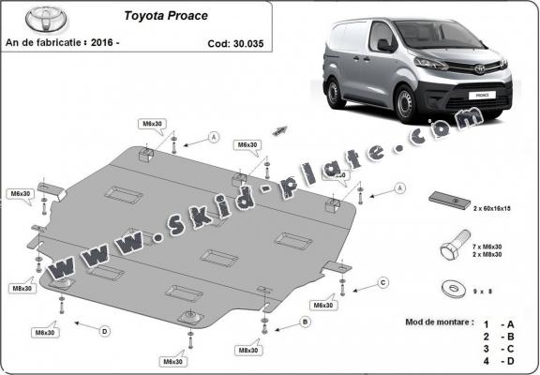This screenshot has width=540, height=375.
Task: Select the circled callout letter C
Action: point(382,281)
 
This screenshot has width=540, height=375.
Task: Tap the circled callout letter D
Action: point(105,330)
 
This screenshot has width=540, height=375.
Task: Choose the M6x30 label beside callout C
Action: point(324,306)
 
